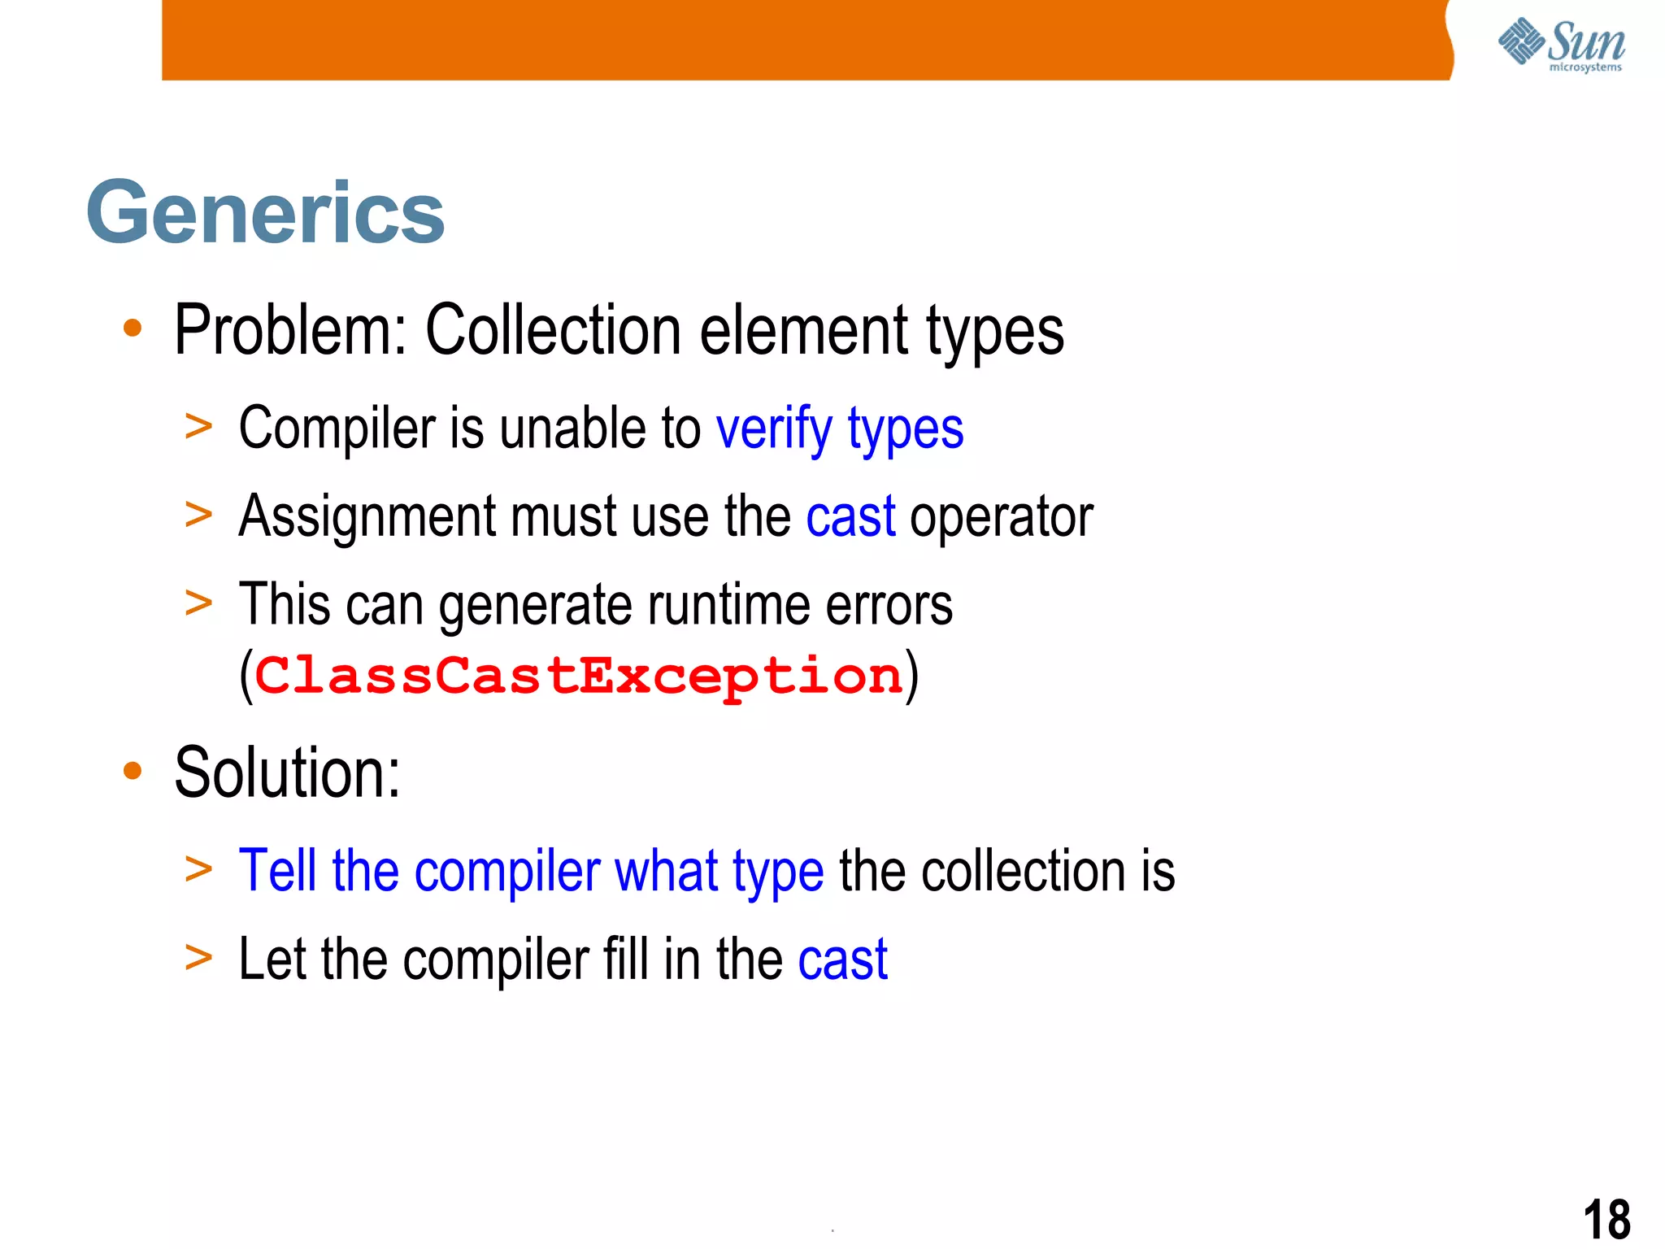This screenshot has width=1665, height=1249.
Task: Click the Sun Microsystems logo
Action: coord(1561,44)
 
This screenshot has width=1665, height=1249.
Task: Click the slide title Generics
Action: coord(265,212)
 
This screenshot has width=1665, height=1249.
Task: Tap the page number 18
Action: coord(1606,1219)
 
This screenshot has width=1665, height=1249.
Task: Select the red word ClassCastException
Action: coord(579,676)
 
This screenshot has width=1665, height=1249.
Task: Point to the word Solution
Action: coord(287,772)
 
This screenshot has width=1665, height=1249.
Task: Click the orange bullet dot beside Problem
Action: coord(133,329)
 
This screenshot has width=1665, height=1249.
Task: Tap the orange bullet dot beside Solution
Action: coord(133,771)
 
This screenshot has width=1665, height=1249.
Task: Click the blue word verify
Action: coord(774,429)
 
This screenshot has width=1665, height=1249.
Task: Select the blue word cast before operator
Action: coord(850,516)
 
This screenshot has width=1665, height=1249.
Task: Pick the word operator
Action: coord(1001,518)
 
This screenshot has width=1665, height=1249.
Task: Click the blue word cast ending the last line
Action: coord(842,960)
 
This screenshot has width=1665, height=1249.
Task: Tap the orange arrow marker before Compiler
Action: coord(198,427)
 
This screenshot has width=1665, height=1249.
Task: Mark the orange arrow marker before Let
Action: coord(198,957)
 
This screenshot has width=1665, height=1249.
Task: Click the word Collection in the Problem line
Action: coord(554,330)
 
